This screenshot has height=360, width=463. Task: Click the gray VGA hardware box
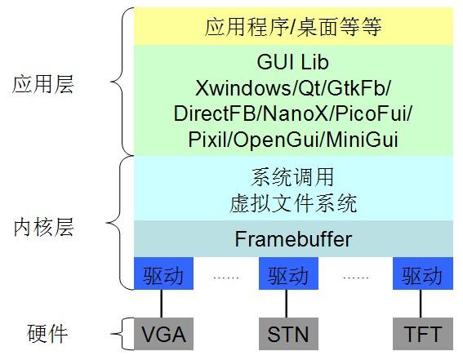click(x=163, y=334)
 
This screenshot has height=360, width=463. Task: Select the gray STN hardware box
click(x=288, y=334)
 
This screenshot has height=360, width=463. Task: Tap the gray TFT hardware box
click(x=422, y=334)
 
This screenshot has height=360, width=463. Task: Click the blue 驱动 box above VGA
click(x=163, y=273)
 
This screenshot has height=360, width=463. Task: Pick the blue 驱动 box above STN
click(x=288, y=273)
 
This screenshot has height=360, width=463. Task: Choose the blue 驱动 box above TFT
click(x=422, y=273)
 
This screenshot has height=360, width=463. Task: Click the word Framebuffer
click(x=293, y=238)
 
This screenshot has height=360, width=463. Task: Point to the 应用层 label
click(x=42, y=84)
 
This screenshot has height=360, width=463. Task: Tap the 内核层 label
click(x=43, y=227)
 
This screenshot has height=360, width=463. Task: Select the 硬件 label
click(x=47, y=333)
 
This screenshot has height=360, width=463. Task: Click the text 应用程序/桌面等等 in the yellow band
click(x=293, y=27)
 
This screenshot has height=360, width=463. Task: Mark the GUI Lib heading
click(x=292, y=62)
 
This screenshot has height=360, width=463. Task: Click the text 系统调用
click(x=292, y=177)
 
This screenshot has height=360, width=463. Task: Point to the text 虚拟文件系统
click(x=293, y=203)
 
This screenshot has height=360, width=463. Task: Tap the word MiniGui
click(x=362, y=140)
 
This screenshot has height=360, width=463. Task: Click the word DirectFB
click(x=215, y=113)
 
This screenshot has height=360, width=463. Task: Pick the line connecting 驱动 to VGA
click(x=161, y=304)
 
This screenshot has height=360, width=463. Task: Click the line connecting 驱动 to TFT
click(x=421, y=304)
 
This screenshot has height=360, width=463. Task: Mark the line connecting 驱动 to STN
click(x=286, y=304)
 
